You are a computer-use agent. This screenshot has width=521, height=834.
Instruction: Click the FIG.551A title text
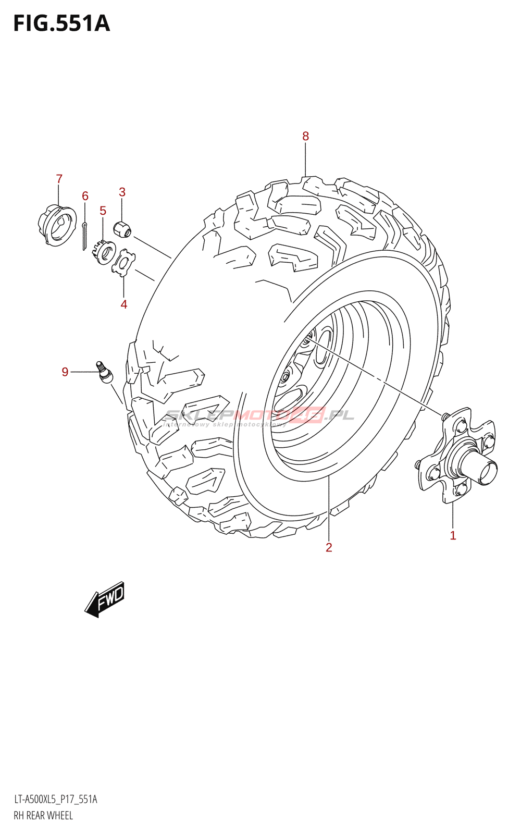tap(61, 24)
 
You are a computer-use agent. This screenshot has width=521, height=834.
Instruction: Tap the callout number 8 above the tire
tap(305, 137)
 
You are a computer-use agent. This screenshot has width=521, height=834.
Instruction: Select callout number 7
tap(59, 179)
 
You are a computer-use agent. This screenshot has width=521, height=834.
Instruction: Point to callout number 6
tap(85, 196)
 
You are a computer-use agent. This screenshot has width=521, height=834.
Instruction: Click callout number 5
tap(103, 211)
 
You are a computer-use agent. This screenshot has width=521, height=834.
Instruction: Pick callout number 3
tap(122, 192)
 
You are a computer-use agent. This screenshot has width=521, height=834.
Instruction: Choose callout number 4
tap(123, 304)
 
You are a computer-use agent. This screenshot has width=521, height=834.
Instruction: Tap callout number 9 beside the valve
tap(65, 372)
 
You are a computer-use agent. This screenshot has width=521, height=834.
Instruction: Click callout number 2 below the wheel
tap(329, 547)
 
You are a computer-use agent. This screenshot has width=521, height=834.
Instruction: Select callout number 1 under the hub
tap(453, 536)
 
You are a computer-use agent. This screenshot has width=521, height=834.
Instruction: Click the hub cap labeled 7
tap(57, 225)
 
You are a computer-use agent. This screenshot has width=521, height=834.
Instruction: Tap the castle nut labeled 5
tap(106, 253)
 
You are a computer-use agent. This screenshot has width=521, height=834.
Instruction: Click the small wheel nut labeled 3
tap(123, 228)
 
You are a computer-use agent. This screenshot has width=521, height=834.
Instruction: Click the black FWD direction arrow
tap(106, 599)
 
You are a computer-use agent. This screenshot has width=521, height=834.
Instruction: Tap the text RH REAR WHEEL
tap(43, 816)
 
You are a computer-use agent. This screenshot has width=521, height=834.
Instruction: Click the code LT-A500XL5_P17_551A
tap(55, 800)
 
